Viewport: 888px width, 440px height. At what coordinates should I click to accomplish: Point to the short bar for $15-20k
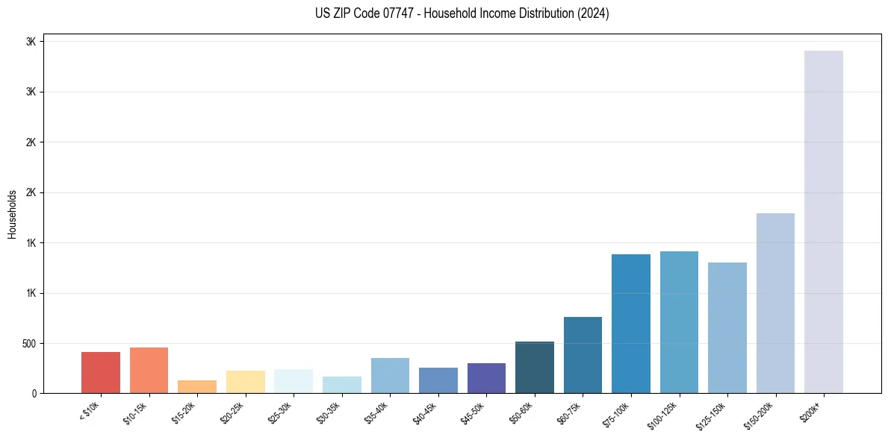click(197, 386)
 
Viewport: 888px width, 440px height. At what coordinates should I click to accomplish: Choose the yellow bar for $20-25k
click(245, 382)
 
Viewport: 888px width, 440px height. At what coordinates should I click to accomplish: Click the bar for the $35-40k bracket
click(390, 375)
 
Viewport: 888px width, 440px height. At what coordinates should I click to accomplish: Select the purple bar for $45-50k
click(486, 378)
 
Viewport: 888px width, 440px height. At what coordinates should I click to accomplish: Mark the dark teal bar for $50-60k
click(535, 367)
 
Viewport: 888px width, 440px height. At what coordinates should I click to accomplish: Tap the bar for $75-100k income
click(631, 324)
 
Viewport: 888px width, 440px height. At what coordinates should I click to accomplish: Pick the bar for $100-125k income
click(679, 322)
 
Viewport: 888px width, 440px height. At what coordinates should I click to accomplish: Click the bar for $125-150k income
click(727, 327)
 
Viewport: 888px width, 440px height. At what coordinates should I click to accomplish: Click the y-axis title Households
click(12, 214)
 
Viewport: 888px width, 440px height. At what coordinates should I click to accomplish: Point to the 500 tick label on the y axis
click(28, 344)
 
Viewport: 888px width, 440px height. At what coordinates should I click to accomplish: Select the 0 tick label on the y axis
click(34, 394)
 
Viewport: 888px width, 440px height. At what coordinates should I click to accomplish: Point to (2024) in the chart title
click(594, 13)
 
